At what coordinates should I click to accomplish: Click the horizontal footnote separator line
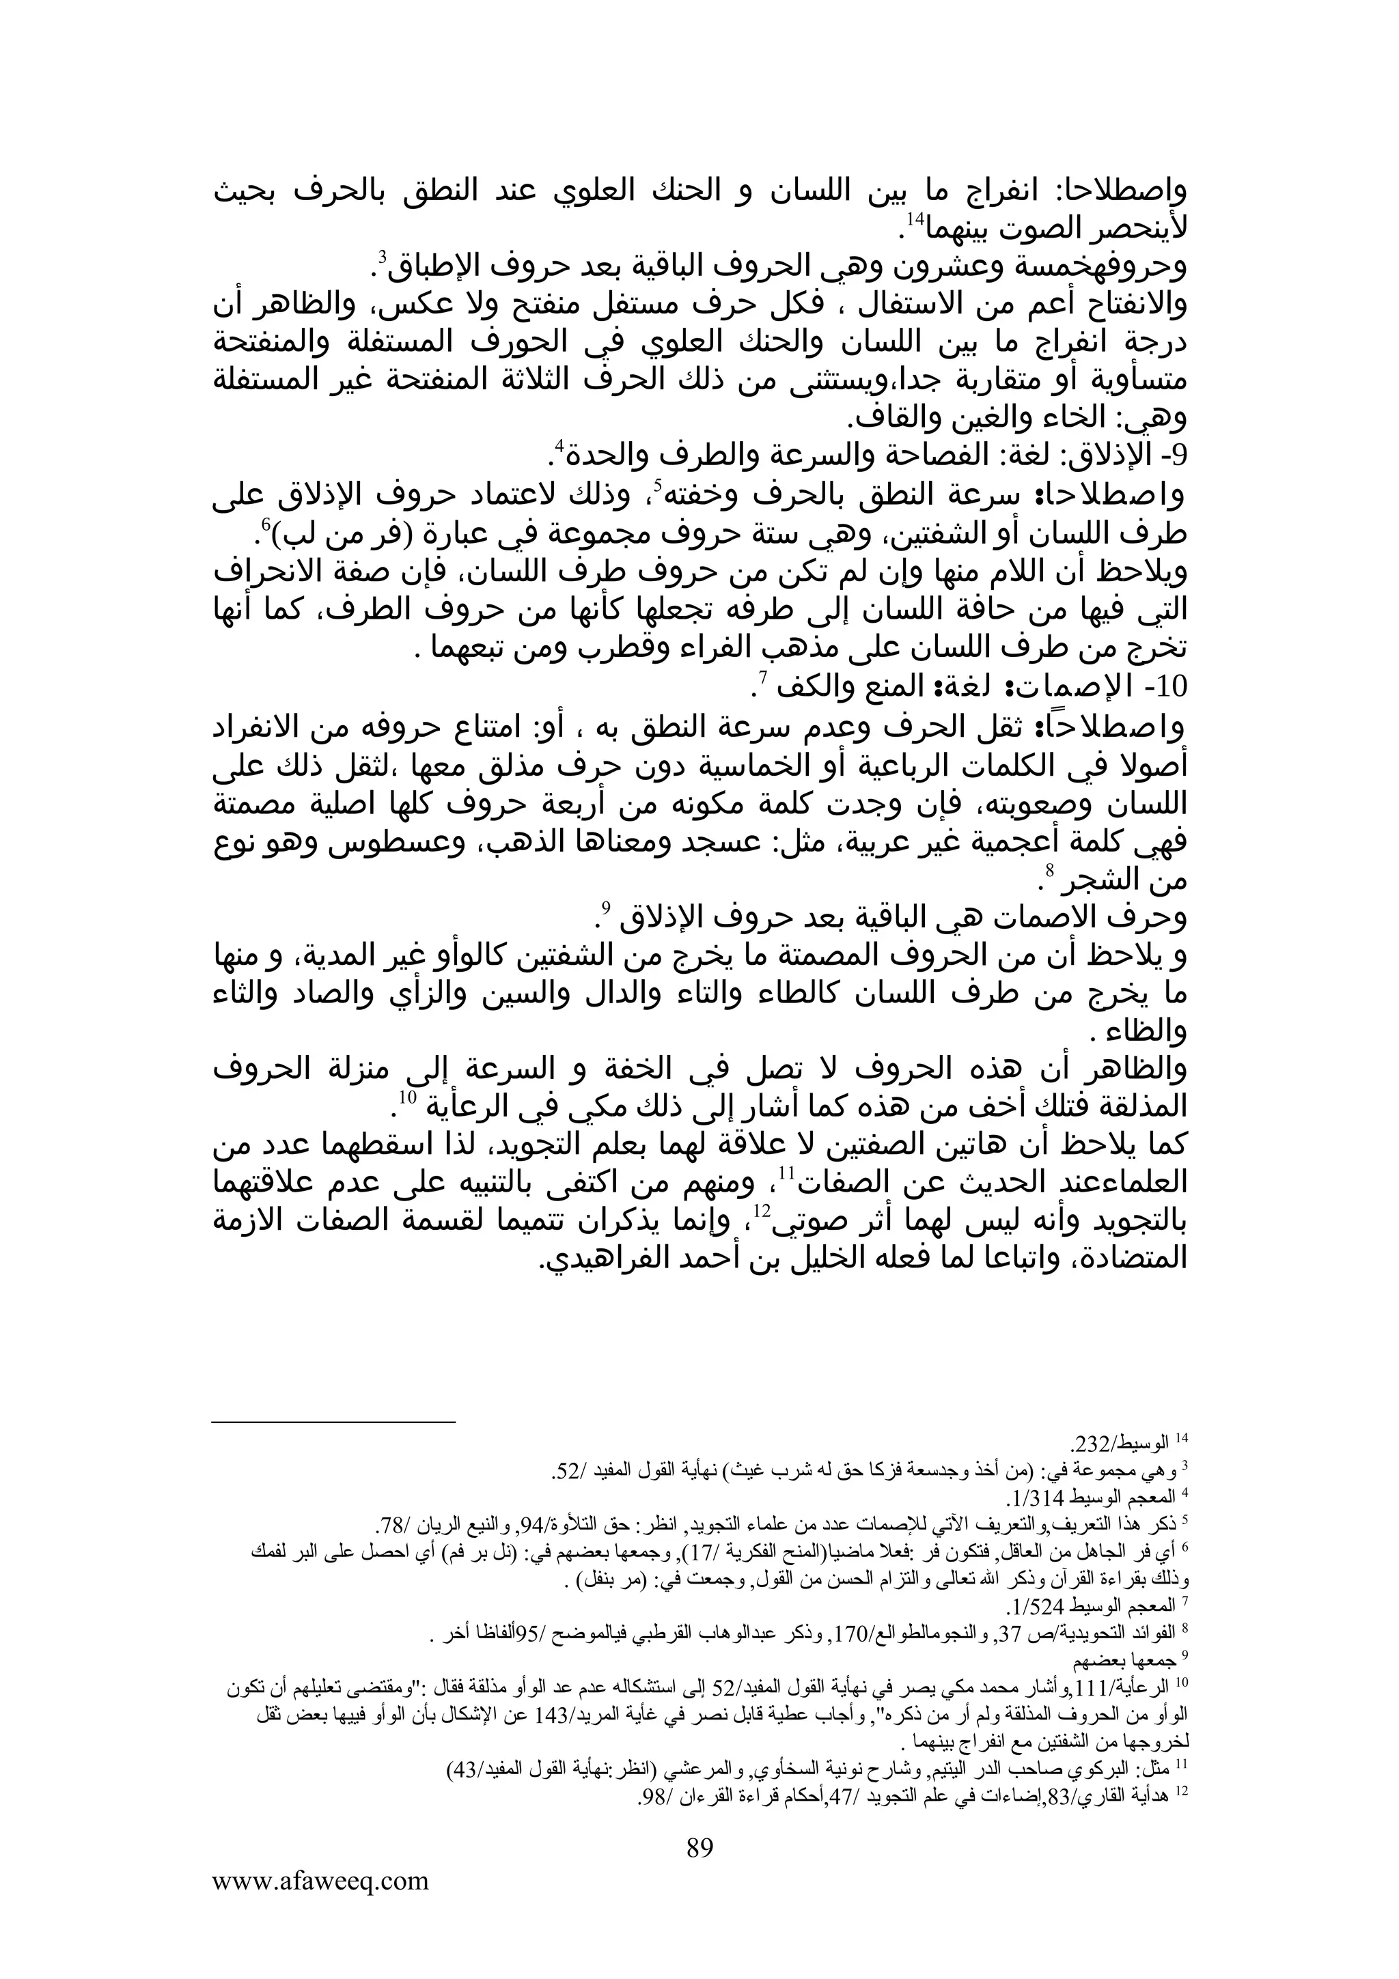coord(333,1423)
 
